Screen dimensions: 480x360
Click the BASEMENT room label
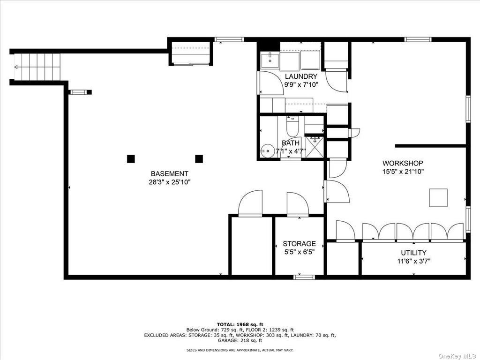point(169,174)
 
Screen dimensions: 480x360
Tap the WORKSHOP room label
point(403,163)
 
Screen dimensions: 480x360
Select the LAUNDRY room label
point(301,76)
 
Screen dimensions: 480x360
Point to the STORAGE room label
point(299,244)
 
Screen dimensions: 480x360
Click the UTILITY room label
point(413,253)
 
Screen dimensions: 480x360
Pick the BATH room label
point(291,143)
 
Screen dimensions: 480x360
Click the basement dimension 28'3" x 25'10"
point(170,182)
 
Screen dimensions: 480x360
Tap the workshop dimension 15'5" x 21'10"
point(403,172)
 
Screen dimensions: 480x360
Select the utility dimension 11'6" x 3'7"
point(413,262)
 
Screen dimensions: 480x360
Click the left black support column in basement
point(131,159)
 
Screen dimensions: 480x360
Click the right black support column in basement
point(199,159)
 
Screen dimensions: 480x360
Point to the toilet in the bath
point(292,127)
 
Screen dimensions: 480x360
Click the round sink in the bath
point(267,151)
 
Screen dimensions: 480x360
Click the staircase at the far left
point(37,67)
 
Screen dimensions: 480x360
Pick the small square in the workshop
point(438,198)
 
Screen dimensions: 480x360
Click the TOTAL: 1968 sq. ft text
point(240,324)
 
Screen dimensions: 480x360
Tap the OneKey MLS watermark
point(458,356)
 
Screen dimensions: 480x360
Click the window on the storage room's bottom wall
point(304,277)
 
